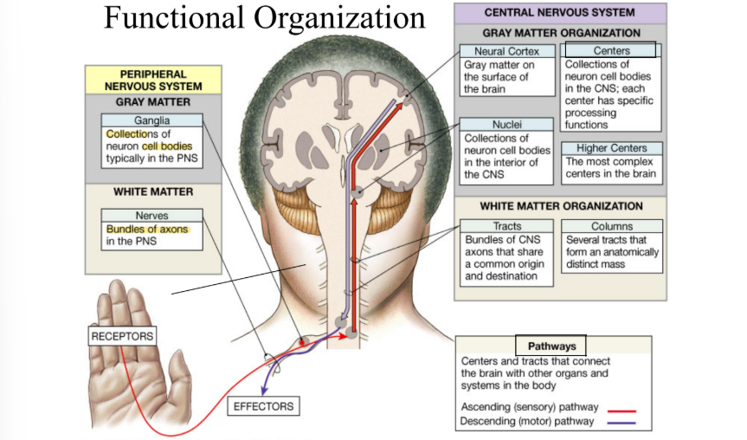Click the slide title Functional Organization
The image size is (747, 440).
click(x=264, y=18)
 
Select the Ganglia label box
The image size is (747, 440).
click(x=151, y=120)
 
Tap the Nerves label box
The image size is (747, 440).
click(x=151, y=215)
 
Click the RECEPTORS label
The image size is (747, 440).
click(x=122, y=336)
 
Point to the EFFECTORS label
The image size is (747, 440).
click(x=263, y=405)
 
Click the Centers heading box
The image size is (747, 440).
click(x=611, y=51)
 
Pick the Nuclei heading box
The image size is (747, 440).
click(x=506, y=125)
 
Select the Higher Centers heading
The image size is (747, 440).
click(x=611, y=148)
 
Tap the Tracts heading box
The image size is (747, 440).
click(x=506, y=226)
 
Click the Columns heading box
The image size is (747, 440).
click(x=611, y=226)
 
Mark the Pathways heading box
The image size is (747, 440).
click(x=551, y=346)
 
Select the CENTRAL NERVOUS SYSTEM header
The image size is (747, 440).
click(x=559, y=13)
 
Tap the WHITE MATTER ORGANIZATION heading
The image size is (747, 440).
click(x=561, y=206)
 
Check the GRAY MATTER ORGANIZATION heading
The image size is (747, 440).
click(x=561, y=33)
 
